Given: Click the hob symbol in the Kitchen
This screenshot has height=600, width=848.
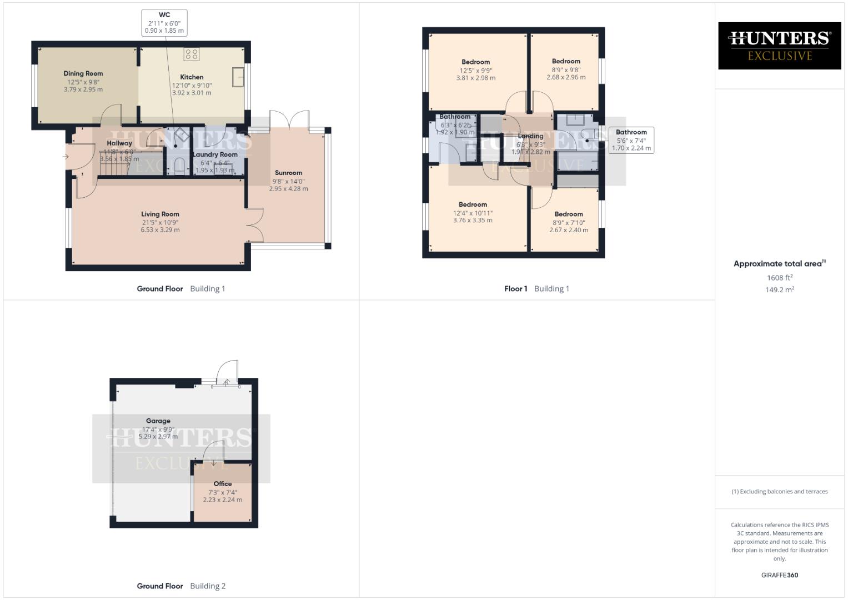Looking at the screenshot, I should coord(192,54).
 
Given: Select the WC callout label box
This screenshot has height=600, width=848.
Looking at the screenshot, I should coord(164,23).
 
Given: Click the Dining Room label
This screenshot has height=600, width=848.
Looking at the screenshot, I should coord(83,73).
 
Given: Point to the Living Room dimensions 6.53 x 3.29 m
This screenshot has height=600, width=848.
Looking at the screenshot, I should coord(160,229).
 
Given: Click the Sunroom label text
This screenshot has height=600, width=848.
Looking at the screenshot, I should coord(288,173).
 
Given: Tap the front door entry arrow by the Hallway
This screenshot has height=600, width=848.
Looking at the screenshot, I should coord(66,157).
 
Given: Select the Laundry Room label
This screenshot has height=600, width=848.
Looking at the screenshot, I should coord(215,154).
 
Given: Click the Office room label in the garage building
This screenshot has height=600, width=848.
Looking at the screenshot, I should coord(223,484).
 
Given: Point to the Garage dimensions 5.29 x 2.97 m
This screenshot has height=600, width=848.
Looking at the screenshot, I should coord(158,437).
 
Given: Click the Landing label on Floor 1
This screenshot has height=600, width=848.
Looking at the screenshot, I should coord(530,136).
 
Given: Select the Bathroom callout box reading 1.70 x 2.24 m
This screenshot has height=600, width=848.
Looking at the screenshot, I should coord(631,140).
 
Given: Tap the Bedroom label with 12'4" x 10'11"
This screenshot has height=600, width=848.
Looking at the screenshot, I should coord(473,204).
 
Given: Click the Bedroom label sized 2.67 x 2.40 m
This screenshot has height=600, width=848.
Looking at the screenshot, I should coord(569,214).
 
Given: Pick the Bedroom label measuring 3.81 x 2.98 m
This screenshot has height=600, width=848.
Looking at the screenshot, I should coord(475,62).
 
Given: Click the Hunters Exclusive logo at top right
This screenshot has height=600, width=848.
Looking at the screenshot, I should coord(779,46).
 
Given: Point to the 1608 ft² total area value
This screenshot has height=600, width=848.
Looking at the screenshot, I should coord(779,278).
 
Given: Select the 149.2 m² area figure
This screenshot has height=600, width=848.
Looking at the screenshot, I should coord(779,289).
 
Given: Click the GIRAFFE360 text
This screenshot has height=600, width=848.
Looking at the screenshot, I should coord(779,575).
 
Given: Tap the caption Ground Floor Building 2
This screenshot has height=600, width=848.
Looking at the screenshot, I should coord(181,586).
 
